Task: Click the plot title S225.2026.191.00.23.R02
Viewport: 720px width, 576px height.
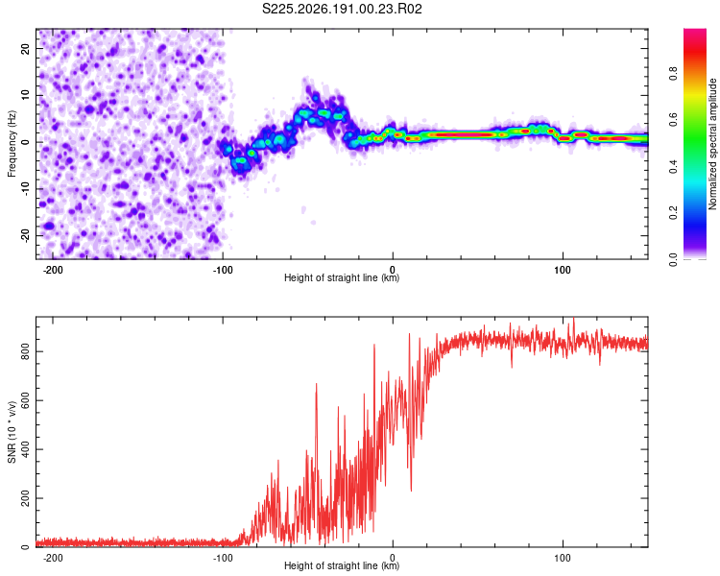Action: click(x=342, y=9)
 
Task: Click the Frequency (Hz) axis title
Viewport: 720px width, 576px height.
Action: click(x=12, y=144)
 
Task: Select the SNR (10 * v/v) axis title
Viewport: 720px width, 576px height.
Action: click(x=12, y=432)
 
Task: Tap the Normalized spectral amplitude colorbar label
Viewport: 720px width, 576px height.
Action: click(x=712, y=143)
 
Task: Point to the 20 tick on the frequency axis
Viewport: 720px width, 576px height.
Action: click(x=25, y=48)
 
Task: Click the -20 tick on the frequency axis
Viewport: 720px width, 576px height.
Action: click(x=25, y=235)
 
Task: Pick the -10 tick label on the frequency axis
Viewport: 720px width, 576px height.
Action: click(x=25, y=188)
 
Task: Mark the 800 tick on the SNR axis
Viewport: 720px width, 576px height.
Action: click(x=25, y=351)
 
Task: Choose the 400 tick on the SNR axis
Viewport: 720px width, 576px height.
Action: click(x=25, y=449)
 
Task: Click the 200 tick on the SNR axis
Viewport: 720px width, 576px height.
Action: click(x=25, y=498)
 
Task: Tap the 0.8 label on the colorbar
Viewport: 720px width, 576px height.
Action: click(x=673, y=74)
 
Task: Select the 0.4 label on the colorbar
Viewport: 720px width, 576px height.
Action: click(x=673, y=167)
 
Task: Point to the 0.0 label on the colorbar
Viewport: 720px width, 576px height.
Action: click(x=673, y=260)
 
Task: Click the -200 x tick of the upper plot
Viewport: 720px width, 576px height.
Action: click(x=53, y=270)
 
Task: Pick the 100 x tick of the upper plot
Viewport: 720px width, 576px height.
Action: click(x=563, y=270)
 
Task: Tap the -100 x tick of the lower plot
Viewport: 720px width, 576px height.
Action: click(x=223, y=558)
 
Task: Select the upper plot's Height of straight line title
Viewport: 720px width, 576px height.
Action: click(x=342, y=277)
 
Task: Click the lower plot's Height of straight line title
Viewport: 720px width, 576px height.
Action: click(x=342, y=565)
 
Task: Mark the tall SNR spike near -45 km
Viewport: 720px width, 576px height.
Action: click(x=316, y=384)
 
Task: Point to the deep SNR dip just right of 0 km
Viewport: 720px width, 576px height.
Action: click(x=411, y=490)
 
